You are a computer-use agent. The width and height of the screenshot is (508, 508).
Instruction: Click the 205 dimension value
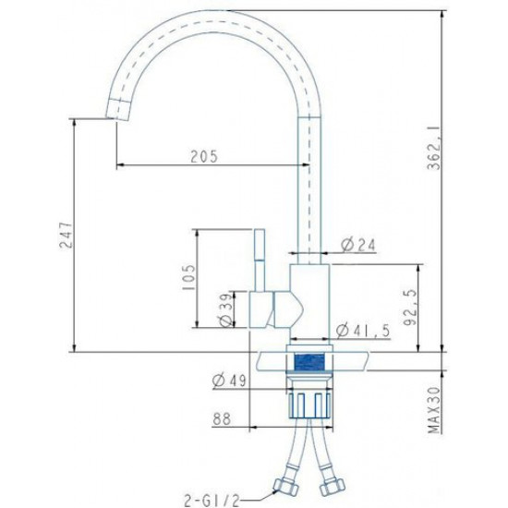pyautogui.click(x=204, y=157)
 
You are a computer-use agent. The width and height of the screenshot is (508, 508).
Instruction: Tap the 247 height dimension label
pyautogui.click(x=67, y=235)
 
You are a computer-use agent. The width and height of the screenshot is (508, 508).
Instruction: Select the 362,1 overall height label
pyautogui.click(x=434, y=147)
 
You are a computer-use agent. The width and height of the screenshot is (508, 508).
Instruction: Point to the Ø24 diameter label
pyautogui.click(x=359, y=245)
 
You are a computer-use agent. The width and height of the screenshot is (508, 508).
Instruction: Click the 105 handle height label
pyautogui.click(x=188, y=277)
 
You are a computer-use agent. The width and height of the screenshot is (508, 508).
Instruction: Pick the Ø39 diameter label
pyautogui.click(x=226, y=309)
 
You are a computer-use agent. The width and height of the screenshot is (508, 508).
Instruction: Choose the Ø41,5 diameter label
pyautogui.click(x=363, y=331)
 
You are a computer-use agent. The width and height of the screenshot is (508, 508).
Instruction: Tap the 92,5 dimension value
pyautogui.click(x=410, y=307)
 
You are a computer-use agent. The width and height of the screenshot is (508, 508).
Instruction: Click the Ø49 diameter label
pyautogui.click(x=229, y=381)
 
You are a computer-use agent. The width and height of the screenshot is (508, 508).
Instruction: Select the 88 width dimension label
pyautogui.click(x=222, y=419)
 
